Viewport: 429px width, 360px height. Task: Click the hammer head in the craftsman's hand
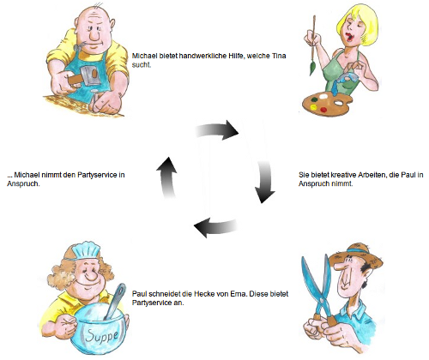(91, 76)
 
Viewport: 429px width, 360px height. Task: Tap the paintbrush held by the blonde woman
(313, 45)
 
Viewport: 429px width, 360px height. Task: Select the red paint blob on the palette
(323, 109)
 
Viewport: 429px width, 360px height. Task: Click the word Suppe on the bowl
(102, 335)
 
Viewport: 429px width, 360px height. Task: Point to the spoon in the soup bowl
(115, 302)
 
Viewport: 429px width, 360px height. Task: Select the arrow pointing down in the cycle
(264, 182)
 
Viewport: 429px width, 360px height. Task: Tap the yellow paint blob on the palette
(313, 108)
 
